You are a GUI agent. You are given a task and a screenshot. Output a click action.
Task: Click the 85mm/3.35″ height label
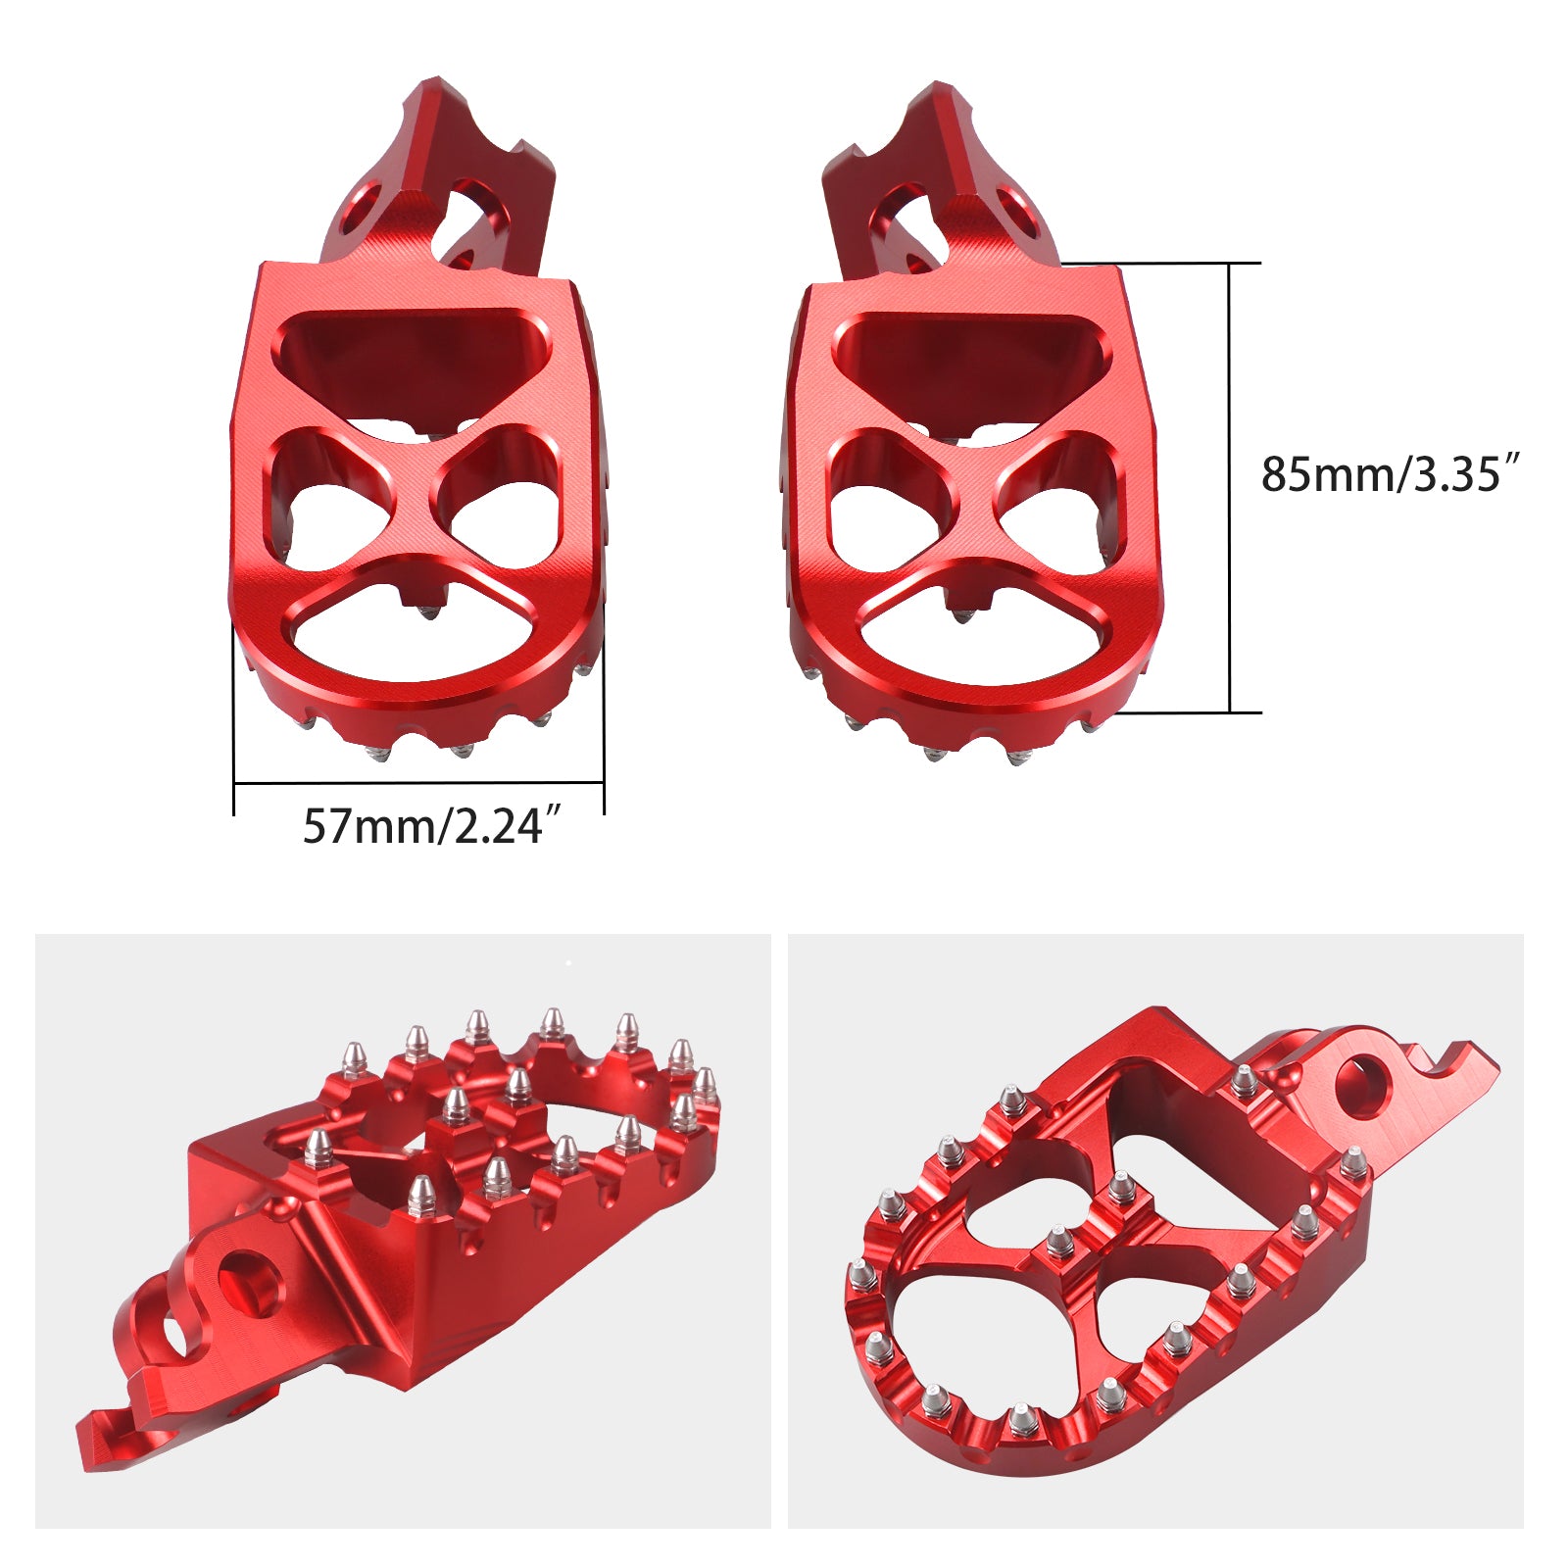click(1390, 473)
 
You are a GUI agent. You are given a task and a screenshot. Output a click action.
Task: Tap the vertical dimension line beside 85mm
click(1230, 490)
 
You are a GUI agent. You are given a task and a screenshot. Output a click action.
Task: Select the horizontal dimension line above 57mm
click(418, 783)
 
